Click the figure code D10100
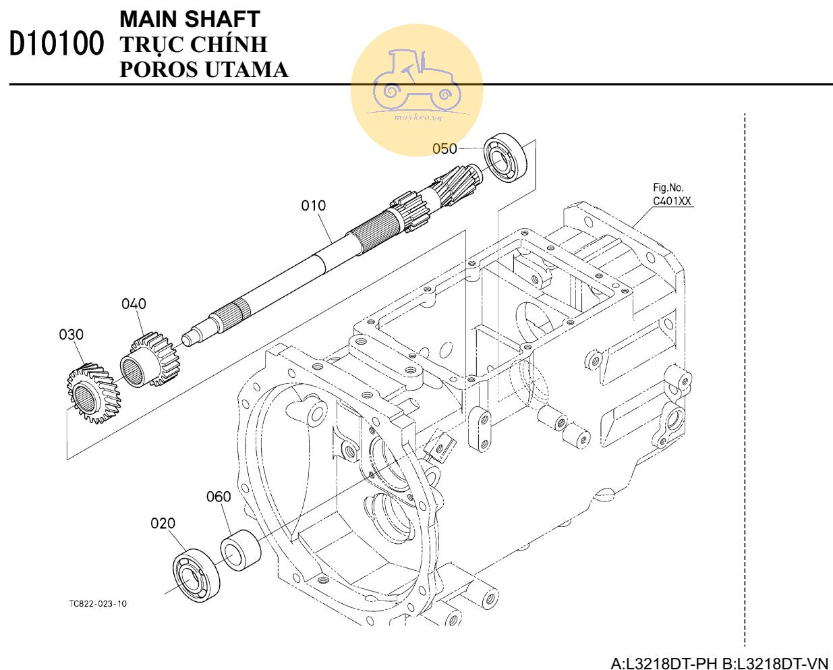pos(57,43)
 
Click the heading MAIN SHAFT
pos(190,20)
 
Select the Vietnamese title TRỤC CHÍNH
pos(194,45)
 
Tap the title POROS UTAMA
pos(204,69)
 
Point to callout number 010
pos(313,206)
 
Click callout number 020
pos(163,524)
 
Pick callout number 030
pos(71,335)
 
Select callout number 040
pos(134,304)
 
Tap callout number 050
pos(444,148)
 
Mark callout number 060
pos(219,497)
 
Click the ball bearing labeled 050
pos(507,157)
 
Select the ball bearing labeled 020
pos(196,576)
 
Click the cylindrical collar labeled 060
pos(241,550)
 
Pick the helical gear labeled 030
pos(94,393)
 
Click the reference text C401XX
pos(672,201)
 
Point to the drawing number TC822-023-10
pos(98,604)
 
